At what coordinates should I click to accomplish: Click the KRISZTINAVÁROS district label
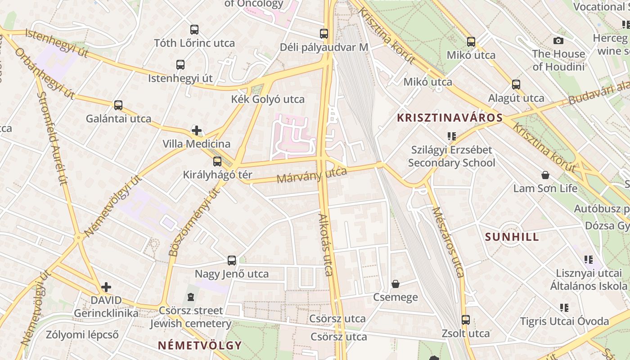450,118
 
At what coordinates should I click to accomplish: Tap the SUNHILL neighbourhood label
512,237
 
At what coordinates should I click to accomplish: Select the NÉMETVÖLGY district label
200,346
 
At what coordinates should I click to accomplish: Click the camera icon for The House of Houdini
558,41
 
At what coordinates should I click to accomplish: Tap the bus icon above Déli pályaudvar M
324,33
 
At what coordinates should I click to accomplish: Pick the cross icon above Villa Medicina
197,131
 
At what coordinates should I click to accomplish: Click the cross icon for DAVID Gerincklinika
106,287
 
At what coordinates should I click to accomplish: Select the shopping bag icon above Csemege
396,284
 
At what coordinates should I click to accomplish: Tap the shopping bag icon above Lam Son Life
545,175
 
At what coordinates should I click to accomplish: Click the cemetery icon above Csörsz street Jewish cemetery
191,297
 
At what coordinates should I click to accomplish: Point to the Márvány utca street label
312,175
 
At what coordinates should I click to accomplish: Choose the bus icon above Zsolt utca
466,320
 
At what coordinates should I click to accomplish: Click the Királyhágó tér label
218,175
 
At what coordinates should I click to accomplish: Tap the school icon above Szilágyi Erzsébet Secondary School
452,136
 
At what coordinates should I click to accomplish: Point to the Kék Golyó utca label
268,99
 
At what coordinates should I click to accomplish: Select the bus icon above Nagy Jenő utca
232,261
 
